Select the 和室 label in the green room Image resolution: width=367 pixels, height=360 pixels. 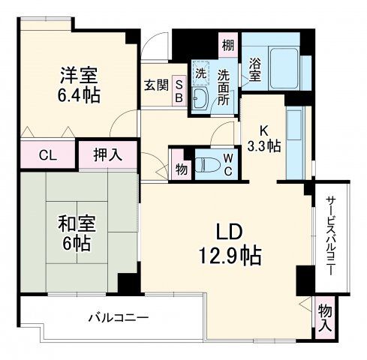[75, 223]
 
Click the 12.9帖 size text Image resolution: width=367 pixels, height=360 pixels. [224, 256]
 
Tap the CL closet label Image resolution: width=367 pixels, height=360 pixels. [47, 156]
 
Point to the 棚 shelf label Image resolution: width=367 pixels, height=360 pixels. [227, 46]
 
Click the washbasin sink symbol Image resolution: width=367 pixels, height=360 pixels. [200, 100]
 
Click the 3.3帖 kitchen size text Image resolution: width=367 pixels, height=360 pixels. [265, 145]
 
